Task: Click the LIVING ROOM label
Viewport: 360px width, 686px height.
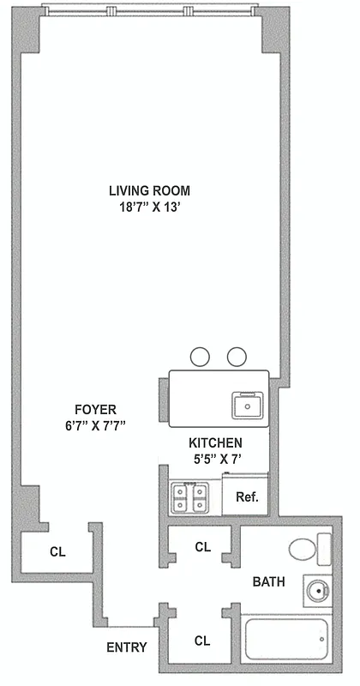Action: point(149,190)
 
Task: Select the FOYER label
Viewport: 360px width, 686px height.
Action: point(94,409)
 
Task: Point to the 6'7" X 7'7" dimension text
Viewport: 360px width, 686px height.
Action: point(94,426)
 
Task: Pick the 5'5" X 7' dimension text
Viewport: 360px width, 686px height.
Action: point(216,459)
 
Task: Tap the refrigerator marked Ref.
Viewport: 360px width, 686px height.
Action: point(246,496)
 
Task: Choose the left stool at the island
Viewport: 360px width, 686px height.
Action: point(200,355)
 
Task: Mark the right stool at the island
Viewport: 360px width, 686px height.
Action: point(237,355)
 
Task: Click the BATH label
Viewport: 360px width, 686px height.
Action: point(269,582)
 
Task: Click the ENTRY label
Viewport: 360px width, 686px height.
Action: point(126,647)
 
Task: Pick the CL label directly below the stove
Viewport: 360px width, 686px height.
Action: point(203,546)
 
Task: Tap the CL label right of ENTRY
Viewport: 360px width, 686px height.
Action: point(203,640)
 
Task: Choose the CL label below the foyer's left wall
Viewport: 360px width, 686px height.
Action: point(57,552)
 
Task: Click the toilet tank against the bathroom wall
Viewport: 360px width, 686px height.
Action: point(323,548)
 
